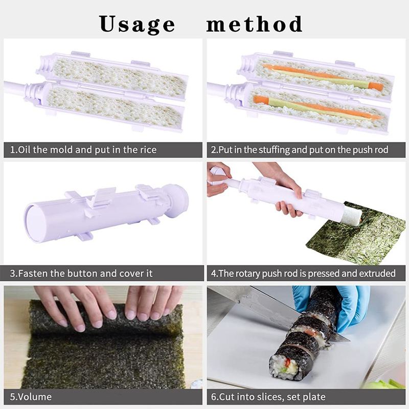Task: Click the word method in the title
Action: click(254, 24)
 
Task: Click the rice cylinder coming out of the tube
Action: click(351, 214)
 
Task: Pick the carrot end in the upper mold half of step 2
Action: click(376, 86)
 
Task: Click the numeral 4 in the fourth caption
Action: click(214, 274)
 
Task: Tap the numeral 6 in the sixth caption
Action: click(214, 397)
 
